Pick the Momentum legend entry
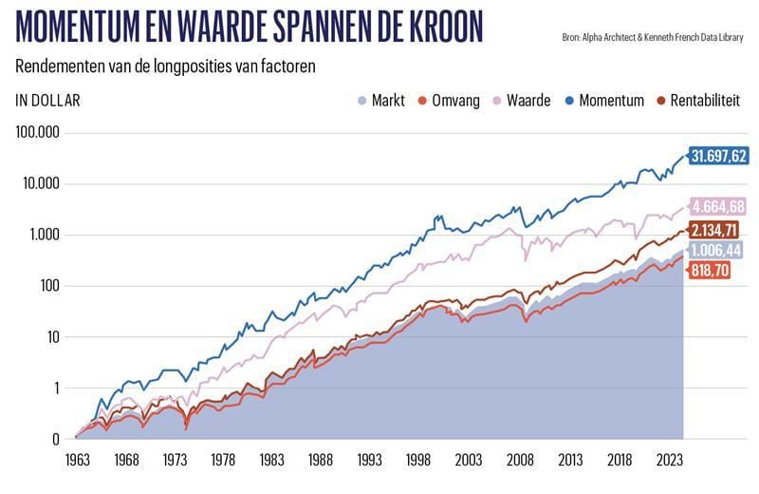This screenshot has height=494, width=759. coord(602,100)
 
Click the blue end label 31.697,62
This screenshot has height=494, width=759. coord(719,156)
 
